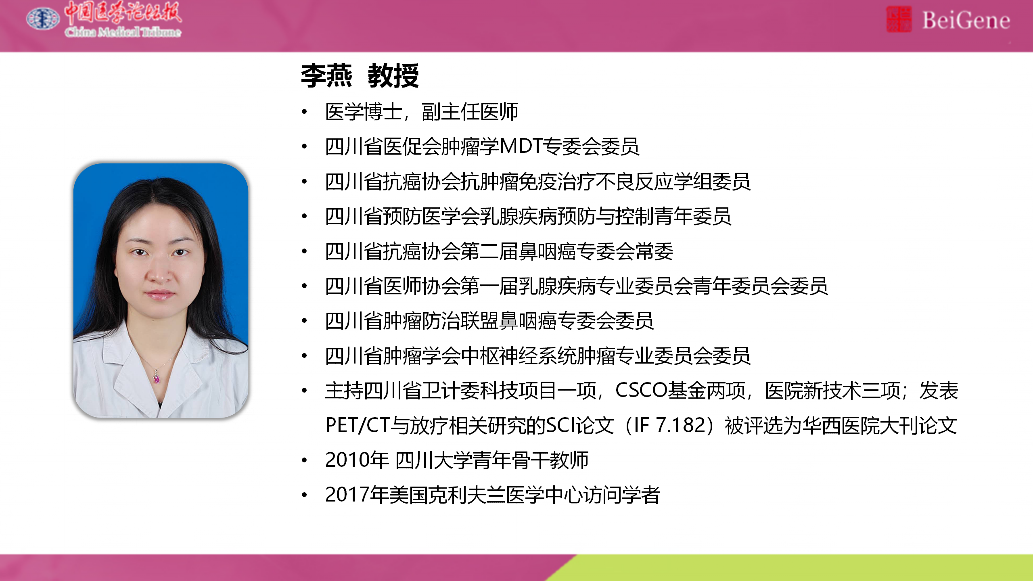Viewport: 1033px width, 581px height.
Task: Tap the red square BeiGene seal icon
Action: click(x=899, y=19)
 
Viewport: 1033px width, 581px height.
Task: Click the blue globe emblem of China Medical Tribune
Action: click(x=42, y=19)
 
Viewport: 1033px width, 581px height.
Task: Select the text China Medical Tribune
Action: click(x=123, y=32)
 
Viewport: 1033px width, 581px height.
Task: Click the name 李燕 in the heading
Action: click(x=326, y=75)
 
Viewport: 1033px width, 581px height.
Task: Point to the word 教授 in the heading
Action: click(x=393, y=75)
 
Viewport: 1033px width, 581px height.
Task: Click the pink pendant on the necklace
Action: click(x=157, y=378)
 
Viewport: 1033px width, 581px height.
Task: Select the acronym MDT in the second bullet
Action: click(x=521, y=146)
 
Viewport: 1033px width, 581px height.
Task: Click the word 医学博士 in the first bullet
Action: click(x=364, y=111)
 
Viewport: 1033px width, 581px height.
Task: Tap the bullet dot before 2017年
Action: click(x=305, y=495)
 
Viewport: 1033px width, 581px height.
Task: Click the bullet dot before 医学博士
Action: click(x=305, y=111)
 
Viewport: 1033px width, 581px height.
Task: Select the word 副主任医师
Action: click(x=470, y=111)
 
